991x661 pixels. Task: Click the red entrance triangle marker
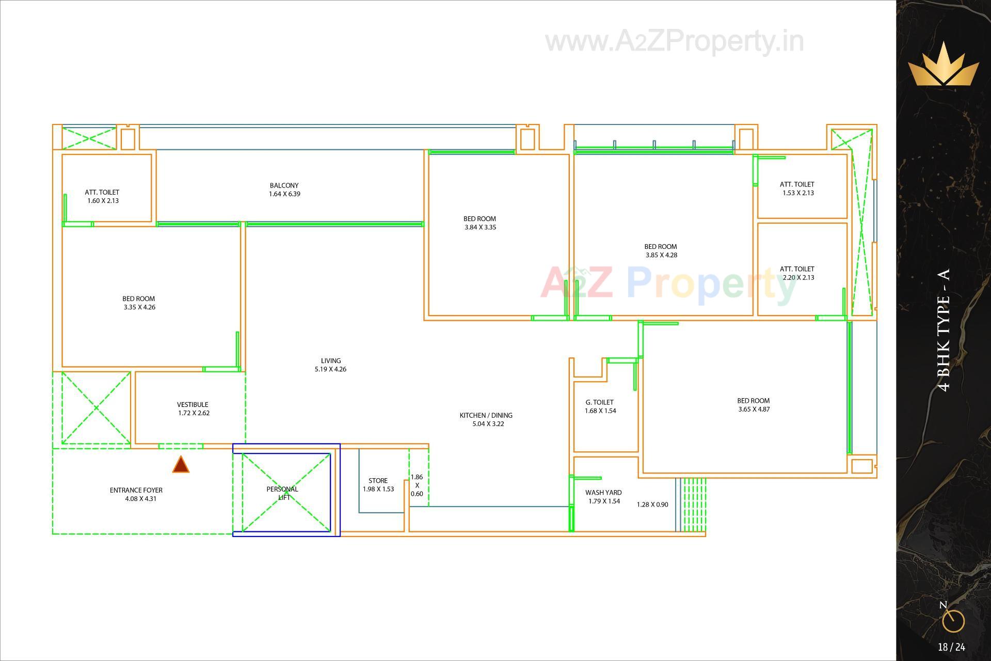[x=181, y=465]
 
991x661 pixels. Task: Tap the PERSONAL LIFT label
[x=283, y=493]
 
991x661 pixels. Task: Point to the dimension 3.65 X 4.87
[x=754, y=410]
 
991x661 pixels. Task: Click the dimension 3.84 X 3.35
[x=481, y=227]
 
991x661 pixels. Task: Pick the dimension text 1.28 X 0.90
[x=652, y=505]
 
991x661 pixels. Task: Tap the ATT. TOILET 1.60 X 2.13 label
[x=102, y=196]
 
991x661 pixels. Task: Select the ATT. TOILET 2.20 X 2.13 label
[x=797, y=273]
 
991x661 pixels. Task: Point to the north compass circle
[x=953, y=621]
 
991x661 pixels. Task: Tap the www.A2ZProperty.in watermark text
[x=675, y=42]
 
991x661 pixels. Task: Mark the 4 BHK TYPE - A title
[x=944, y=330]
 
